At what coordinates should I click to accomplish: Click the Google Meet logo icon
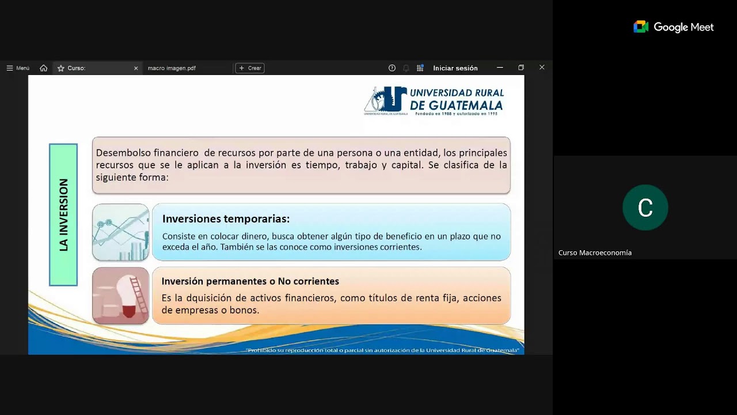tap(641, 27)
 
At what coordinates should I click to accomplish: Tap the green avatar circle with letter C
tap(645, 207)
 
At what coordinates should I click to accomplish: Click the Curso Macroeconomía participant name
tap(595, 252)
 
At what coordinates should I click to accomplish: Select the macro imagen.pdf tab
tap(172, 68)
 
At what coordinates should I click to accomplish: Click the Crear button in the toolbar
tap(250, 68)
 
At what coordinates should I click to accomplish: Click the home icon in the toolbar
tap(44, 68)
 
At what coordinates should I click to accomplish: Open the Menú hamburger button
tap(18, 68)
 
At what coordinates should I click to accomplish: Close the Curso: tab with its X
tap(136, 68)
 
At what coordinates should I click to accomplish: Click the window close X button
tap(542, 67)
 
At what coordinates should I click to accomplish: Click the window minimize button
tap(500, 67)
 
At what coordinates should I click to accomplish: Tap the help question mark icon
tap(392, 68)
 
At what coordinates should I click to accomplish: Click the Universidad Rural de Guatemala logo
tap(434, 100)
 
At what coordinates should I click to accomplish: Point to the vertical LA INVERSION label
tap(63, 214)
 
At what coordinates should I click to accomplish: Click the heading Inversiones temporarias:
tap(226, 219)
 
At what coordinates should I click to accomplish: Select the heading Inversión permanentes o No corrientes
tap(250, 281)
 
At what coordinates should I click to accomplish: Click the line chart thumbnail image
tap(121, 232)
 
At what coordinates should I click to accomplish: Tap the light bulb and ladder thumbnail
tap(121, 295)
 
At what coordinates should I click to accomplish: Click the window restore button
tap(521, 67)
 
